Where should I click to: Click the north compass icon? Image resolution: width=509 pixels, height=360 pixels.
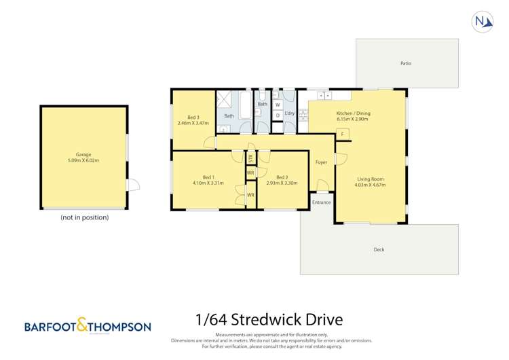483,22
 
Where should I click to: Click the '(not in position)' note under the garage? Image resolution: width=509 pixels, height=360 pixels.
84,217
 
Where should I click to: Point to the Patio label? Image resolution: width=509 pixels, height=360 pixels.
406,63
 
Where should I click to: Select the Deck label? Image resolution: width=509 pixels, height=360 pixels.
379,249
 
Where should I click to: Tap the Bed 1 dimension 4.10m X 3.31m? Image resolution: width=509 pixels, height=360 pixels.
208,183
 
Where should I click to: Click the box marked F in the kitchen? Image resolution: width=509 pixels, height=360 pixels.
343,134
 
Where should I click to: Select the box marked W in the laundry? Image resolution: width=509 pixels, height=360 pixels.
278,105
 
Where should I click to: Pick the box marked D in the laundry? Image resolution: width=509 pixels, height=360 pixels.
278,115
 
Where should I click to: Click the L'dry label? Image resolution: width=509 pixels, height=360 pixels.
289,113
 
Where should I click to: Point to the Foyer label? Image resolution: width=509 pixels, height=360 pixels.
321,162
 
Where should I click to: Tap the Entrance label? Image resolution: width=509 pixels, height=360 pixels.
322,202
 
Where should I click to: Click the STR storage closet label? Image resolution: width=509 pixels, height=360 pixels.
250,159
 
